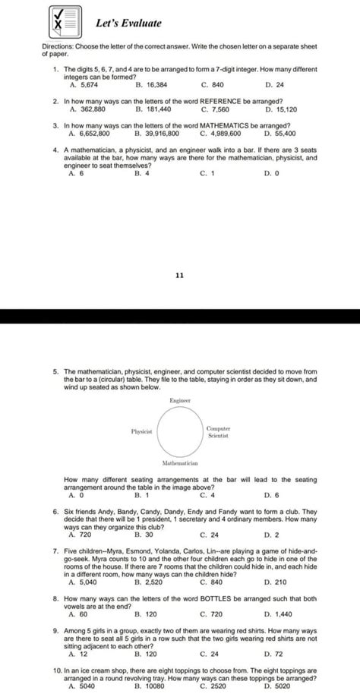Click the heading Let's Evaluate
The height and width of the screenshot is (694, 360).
tap(120, 24)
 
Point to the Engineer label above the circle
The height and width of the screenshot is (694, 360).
tap(180, 399)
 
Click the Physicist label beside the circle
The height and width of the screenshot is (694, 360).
tap(142, 431)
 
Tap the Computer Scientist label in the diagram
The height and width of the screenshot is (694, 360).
tap(218, 432)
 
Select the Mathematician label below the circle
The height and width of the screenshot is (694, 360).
tap(180, 462)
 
